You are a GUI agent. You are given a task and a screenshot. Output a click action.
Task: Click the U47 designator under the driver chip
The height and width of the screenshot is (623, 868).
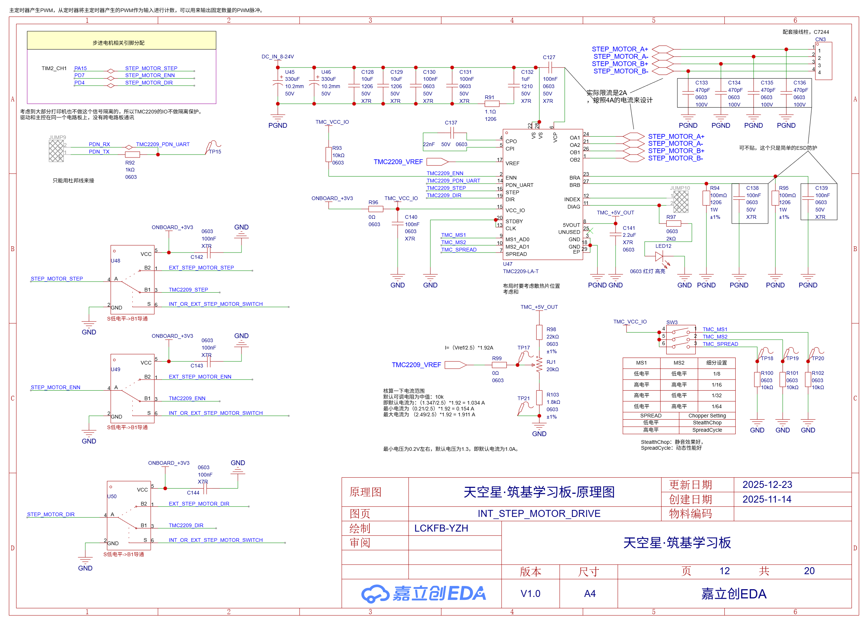click(507, 264)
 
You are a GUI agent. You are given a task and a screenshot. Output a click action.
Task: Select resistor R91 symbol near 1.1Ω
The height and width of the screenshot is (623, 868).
click(492, 104)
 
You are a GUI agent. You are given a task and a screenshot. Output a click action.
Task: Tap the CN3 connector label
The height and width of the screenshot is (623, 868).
click(820, 39)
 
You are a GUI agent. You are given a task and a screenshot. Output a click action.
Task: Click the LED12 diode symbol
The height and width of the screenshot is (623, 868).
click(659, 256)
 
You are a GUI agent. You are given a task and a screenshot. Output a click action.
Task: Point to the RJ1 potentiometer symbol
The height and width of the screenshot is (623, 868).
click(539, 365)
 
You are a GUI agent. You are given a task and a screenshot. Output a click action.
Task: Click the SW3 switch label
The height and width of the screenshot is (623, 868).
click(672, 322)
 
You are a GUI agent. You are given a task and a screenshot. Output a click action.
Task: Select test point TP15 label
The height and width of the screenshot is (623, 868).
click(215, 152)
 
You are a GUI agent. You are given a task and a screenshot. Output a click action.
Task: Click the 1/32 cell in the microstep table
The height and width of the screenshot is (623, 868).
click(717, 395)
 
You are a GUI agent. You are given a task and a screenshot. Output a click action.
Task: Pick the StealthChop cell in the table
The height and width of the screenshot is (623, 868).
click(707, 423)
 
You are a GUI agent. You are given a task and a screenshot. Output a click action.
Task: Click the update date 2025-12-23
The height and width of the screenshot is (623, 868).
click(767, 485)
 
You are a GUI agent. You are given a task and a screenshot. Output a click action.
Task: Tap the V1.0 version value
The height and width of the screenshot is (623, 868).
click(530, 594)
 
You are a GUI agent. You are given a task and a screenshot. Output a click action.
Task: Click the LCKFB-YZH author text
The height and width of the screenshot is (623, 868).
click(441, 528)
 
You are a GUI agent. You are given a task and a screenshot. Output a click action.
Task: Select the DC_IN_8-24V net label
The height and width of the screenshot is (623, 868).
click(277, 57)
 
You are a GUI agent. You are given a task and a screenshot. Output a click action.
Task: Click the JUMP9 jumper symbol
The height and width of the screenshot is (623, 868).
click(56, 151)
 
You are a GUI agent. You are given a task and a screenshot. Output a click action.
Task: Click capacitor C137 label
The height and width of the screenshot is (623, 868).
click(451, 123)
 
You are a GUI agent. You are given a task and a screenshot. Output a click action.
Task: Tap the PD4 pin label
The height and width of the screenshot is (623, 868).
click(79, 83)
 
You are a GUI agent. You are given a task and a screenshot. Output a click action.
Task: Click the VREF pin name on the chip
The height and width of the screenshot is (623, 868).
click(512, 163)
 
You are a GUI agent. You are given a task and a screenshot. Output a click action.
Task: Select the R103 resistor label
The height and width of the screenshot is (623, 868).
click(552, 395)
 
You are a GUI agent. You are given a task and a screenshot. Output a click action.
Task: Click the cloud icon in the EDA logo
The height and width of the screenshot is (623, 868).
click(375, 594)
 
